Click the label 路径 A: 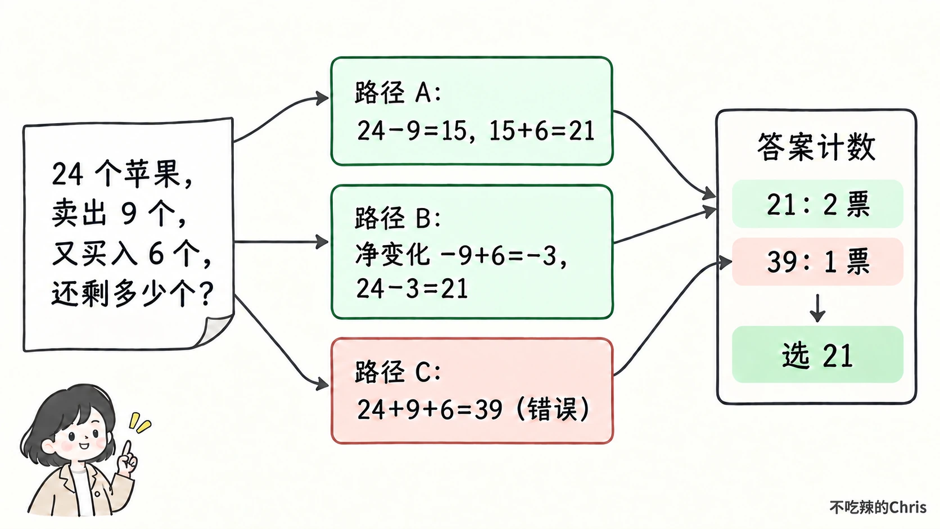click(398, 92)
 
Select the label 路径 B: click(398, 218)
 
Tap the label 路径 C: click(398, 372)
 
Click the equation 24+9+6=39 click(430, 409)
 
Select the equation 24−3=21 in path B click(412, 288)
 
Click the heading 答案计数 click(816, 147)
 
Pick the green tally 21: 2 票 click(817, 204)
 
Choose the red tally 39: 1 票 click(817, 261)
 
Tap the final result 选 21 click(817, 355)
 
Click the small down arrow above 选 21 click(817, 308)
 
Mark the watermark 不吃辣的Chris click(878, 507)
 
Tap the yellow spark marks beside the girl click(139, 422)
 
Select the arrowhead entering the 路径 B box click(322, 242)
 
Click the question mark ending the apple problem click(206, 293)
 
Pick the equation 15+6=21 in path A click(542, 130)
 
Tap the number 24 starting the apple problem click(67, 174)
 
